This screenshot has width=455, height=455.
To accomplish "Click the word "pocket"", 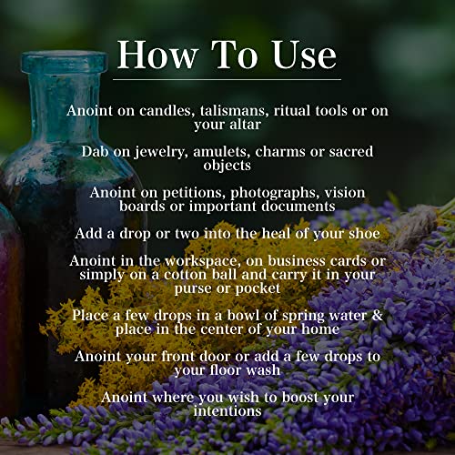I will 259,290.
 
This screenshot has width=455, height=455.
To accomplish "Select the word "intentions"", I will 227,412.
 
